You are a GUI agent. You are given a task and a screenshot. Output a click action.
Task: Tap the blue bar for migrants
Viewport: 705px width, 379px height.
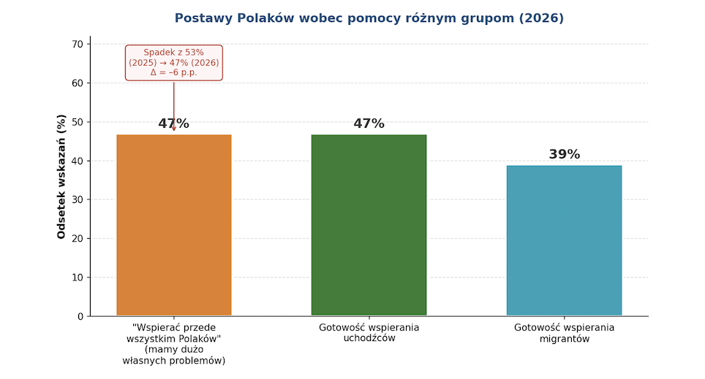[564, 240]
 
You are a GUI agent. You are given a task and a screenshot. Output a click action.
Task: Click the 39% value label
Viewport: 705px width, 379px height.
[564, 155]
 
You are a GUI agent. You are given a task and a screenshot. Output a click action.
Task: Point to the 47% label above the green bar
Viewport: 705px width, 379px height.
[369, 124]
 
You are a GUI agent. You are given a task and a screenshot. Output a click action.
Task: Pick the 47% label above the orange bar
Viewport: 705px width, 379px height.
[173, 124]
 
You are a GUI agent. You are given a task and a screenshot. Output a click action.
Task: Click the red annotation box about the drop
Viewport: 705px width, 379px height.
[173, 62]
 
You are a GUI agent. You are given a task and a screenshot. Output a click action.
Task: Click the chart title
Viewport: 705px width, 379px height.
[369, 18]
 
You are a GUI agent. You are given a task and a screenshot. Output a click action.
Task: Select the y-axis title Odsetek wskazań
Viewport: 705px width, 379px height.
[61, 176]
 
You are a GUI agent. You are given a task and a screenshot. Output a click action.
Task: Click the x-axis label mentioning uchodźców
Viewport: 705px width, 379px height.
[369, 333]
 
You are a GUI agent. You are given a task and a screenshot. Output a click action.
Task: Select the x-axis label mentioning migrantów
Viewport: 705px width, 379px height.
[564, 333]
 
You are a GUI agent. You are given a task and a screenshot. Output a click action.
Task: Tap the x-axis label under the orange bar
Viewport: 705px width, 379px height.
[173, 344]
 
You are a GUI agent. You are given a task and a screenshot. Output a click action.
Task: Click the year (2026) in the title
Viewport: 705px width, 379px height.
[540, 18]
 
